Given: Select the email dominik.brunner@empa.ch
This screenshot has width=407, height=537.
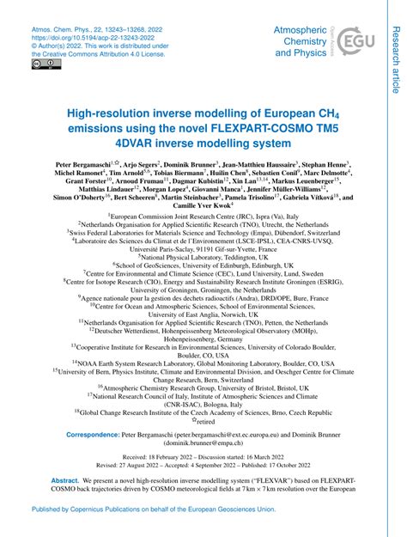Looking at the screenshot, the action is [x=203, y=445].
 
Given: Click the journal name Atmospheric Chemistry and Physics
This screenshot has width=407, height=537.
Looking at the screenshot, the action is [x=301, y=40].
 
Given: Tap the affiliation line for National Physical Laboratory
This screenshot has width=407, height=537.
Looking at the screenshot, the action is [x=203, y=256].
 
